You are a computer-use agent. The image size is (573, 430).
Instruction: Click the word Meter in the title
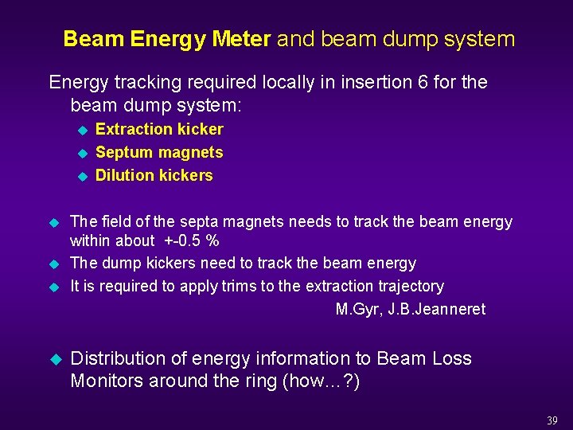(241, 39)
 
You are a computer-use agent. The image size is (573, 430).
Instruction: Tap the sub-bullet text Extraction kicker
(159, 129)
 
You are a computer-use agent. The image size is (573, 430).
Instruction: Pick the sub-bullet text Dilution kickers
(154, 175)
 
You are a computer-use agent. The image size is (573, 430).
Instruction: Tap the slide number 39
(552, 420)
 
